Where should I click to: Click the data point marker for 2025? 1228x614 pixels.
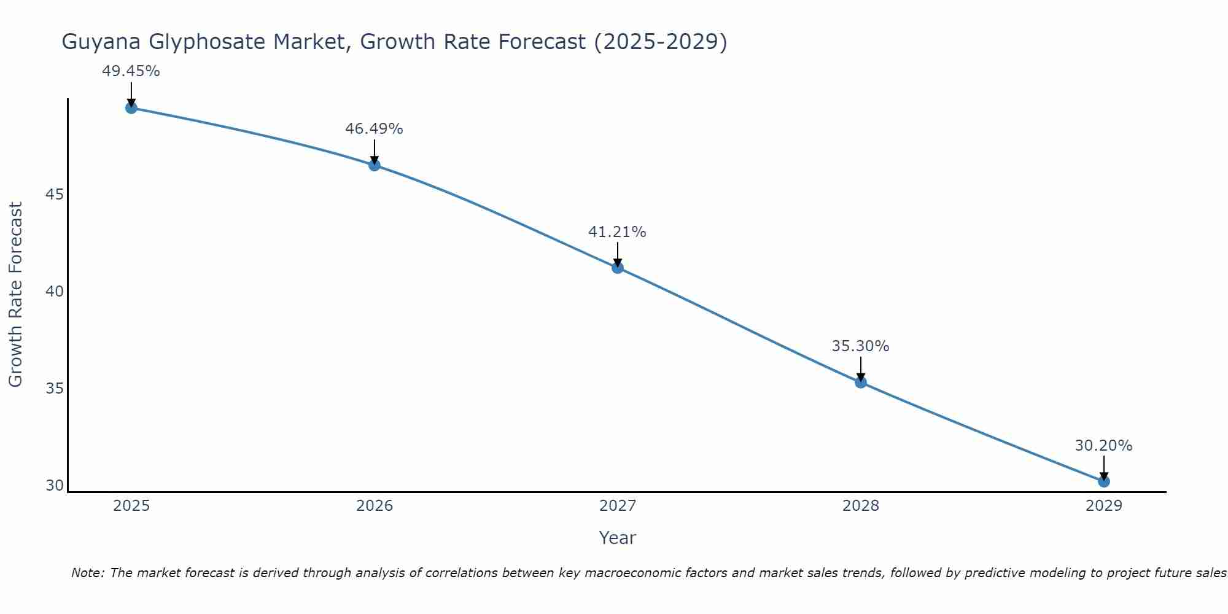point(131,108)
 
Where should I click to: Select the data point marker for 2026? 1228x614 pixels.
point(374,165)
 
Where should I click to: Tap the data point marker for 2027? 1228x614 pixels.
point(617,268)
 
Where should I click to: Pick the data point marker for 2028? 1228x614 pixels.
point(860,383)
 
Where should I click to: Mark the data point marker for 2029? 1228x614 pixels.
point(1103,481)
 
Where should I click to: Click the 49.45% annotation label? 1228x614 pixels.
point(131,71)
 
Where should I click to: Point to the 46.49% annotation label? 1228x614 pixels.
point(374,129)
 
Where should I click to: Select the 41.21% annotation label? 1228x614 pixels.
point(617,232)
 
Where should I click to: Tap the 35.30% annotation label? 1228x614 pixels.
point(860,346)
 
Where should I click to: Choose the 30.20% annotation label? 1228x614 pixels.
point(1103,446)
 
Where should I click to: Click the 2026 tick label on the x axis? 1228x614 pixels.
point(375,506)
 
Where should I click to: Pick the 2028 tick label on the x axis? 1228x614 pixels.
point(860,506)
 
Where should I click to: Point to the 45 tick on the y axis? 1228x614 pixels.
point(55,195)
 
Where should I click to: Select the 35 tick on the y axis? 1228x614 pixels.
point(55,389)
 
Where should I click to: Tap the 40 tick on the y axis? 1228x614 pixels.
point(55,292)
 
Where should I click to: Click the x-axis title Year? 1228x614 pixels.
point(617,538)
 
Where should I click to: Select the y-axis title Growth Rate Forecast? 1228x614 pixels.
point(15,295)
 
